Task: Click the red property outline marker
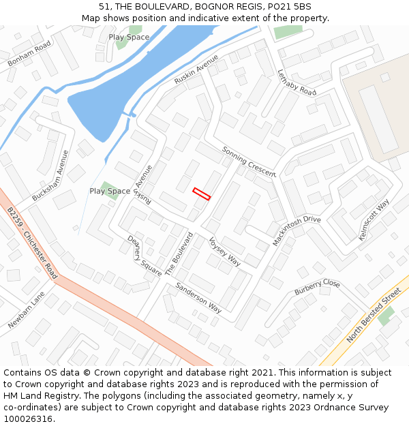pyautogui.click(x=201, y=194)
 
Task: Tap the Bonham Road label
pyautogui.click(x=30, y=54)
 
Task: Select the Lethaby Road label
pyautogui.click(x=297, y=82)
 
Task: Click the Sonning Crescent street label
pyautogui.click(x=249, y=161)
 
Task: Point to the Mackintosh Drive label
pyautogui.click(x=297, y=232)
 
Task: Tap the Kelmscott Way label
pyautogui.click(x=374, y=220)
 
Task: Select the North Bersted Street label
pyautogui.click(x=374, y=316)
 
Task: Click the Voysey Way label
pyautogui.click(x=225, y=252)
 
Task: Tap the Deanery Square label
pyautogui.click(x=144, y=256)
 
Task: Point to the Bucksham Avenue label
pyautogui.click(x=50, y=175)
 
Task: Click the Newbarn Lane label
pyautogui.click(x=26, y=310)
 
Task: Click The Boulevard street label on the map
pyautogui.click(x=179, y=254)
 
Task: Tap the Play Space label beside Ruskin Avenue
pyautogui.click(x=110, y=191)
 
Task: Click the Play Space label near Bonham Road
pyautogui.click(x=129, y=37)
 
